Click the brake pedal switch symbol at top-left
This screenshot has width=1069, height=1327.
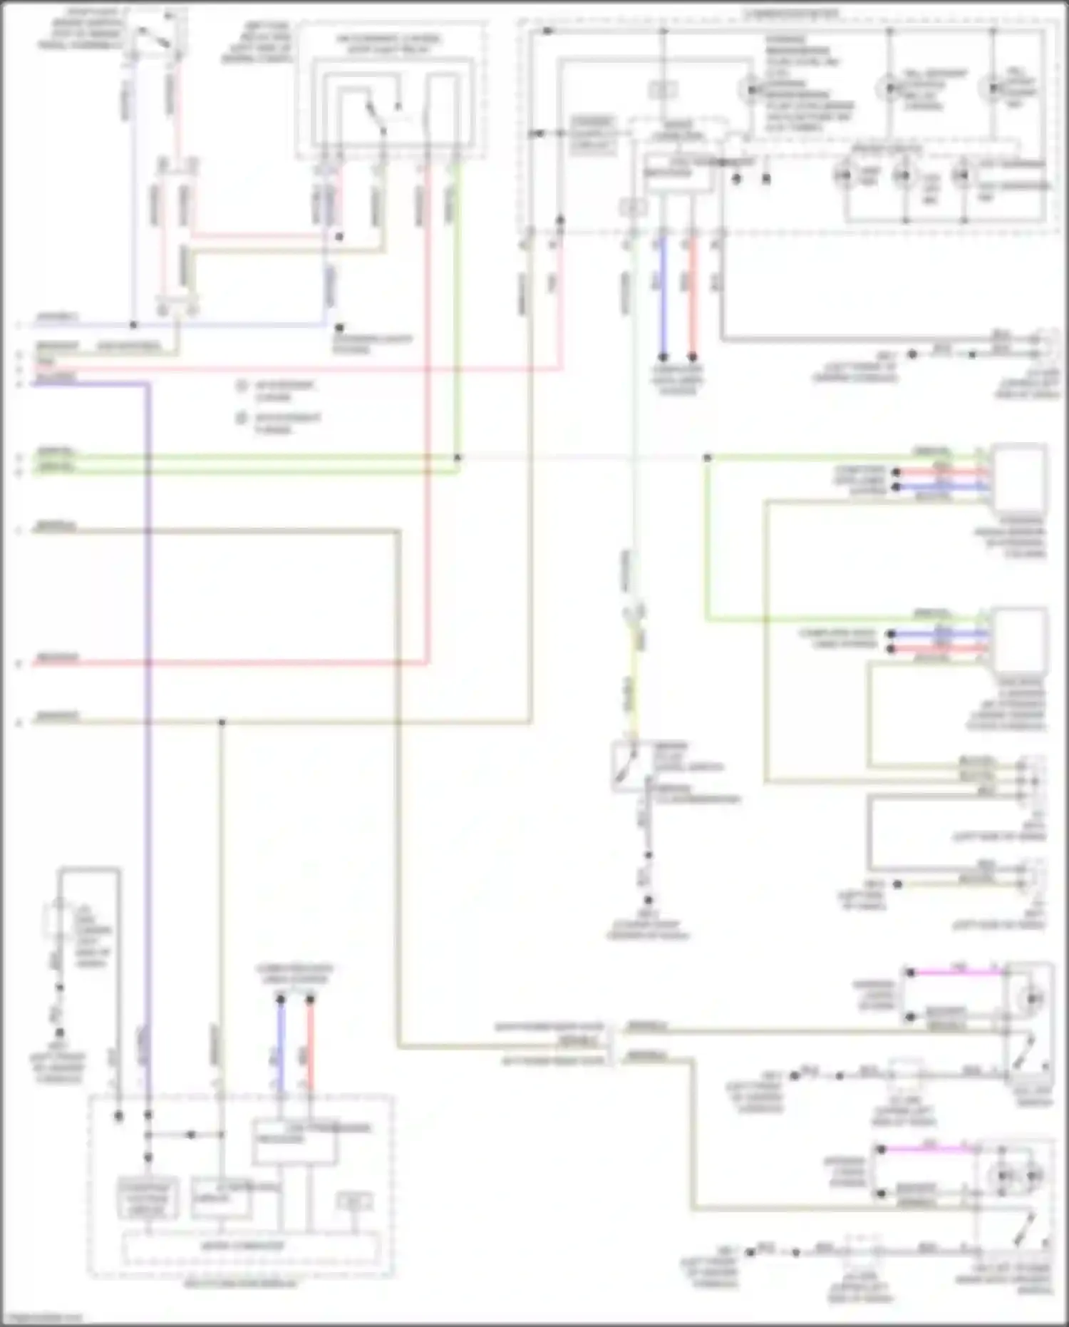coord(153,36)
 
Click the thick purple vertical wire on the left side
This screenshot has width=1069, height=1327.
coord(148,713)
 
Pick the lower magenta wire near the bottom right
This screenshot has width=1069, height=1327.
coord(926,1149)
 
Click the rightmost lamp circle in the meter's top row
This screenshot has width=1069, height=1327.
coord(993,88)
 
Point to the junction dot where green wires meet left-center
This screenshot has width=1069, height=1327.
coord(458,457)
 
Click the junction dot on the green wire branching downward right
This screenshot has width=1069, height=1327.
coord(707,457)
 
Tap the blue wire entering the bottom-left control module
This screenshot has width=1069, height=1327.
coord(280,1041)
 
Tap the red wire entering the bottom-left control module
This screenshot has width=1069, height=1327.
coord(310,1041)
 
